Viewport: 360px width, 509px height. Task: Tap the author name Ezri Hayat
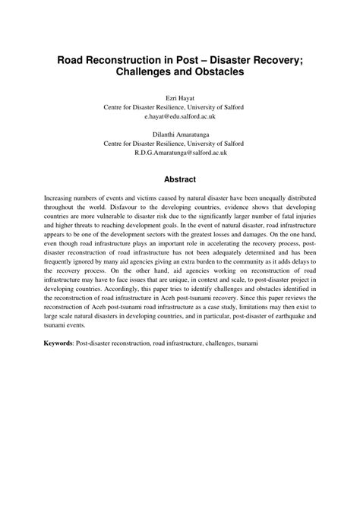pos(179,98)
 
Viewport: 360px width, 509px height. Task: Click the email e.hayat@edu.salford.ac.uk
pos(179,118)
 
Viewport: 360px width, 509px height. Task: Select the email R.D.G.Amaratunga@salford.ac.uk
pos(179,153)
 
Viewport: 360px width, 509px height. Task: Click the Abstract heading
pos(180,180)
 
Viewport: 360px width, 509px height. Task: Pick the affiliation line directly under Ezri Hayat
pos(179,108)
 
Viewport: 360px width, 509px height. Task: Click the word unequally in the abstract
pos(258,197)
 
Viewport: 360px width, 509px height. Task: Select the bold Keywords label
pos(58,343)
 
